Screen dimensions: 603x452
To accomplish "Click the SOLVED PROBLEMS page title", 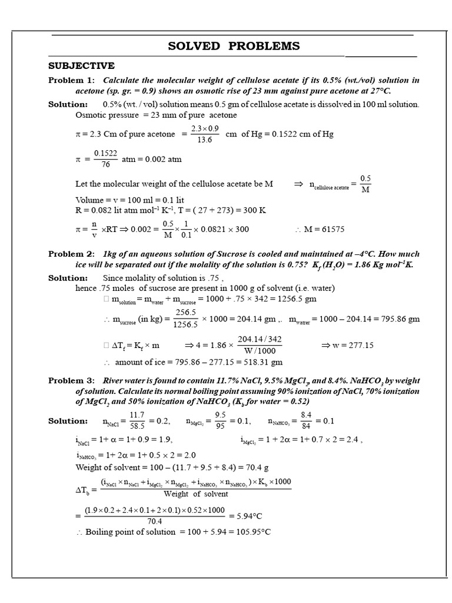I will tap(234, 46).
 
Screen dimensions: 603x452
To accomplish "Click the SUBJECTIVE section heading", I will tap(81, 65).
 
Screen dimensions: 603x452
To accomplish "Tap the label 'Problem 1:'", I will tap(71, 80).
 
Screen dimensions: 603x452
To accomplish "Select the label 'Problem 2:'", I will tap(71, 254).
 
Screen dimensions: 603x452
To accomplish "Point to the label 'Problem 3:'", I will tap(71, 380).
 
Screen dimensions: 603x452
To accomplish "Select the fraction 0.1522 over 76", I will tap(105, 159).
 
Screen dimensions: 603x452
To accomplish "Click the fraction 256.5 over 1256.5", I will tap(185, 319).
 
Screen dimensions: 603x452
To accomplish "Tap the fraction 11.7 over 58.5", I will tap(137, 421).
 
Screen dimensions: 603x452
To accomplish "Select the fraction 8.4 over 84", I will tap(305, 421).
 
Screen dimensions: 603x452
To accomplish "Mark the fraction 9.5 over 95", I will tap(220, 421).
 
